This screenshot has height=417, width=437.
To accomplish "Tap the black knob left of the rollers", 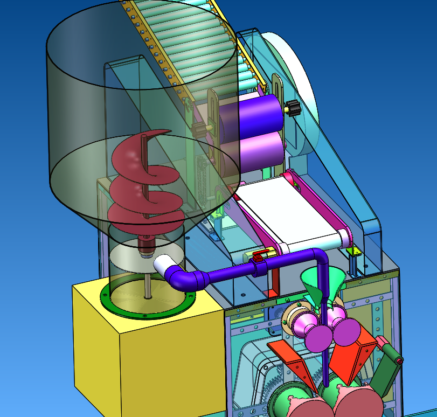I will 201,129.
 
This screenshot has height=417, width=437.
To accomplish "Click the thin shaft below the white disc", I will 147,283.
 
